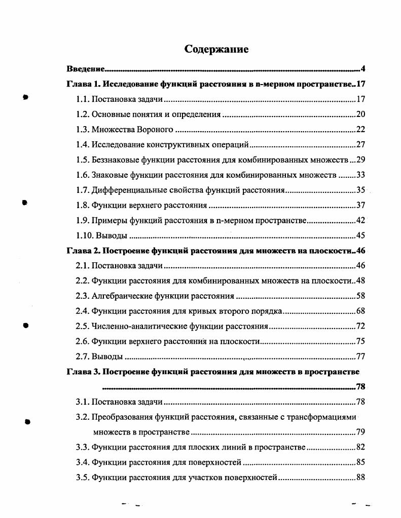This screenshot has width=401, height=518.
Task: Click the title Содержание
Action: coord(216,49)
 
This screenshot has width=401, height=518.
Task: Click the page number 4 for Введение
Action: coord(363,69)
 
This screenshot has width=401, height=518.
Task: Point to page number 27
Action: coord(360,145)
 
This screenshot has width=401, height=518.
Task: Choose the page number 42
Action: coord(360,220)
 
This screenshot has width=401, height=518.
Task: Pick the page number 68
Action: coord(360,311)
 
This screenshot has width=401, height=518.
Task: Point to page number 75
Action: coord(360,341)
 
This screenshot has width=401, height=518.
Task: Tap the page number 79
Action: coord(360,432)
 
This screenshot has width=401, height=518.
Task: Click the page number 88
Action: coord(360,477)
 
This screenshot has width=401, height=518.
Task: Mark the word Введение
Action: coord(86,69)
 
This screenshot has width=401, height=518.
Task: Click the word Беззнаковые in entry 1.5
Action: coord(115,160)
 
